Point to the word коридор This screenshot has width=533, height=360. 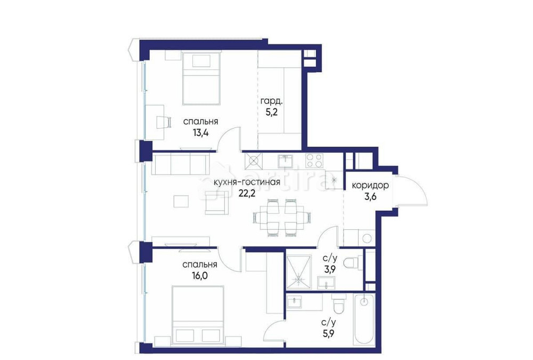click(x=369, y=186)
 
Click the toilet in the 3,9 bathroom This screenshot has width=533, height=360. click(x=352, y=263)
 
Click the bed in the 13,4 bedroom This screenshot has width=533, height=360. click(x=201, y=78)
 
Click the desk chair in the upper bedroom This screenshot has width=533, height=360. click(x=162, y=122)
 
